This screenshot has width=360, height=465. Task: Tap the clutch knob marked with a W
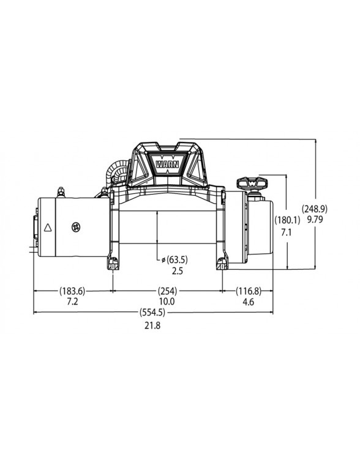[x=252, y=183]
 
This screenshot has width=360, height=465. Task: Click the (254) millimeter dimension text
[x=167, y=291]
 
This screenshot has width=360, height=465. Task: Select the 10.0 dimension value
[x=167, y=302]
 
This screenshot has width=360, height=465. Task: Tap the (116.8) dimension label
[x=249, y=291]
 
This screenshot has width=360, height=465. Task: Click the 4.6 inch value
[x=249, y=302]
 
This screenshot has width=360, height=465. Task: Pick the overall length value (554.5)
[x=152, y=313]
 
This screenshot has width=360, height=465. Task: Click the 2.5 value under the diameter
[x=178, y=270]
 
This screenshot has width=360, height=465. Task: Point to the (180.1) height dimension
[x=287, y=221]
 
